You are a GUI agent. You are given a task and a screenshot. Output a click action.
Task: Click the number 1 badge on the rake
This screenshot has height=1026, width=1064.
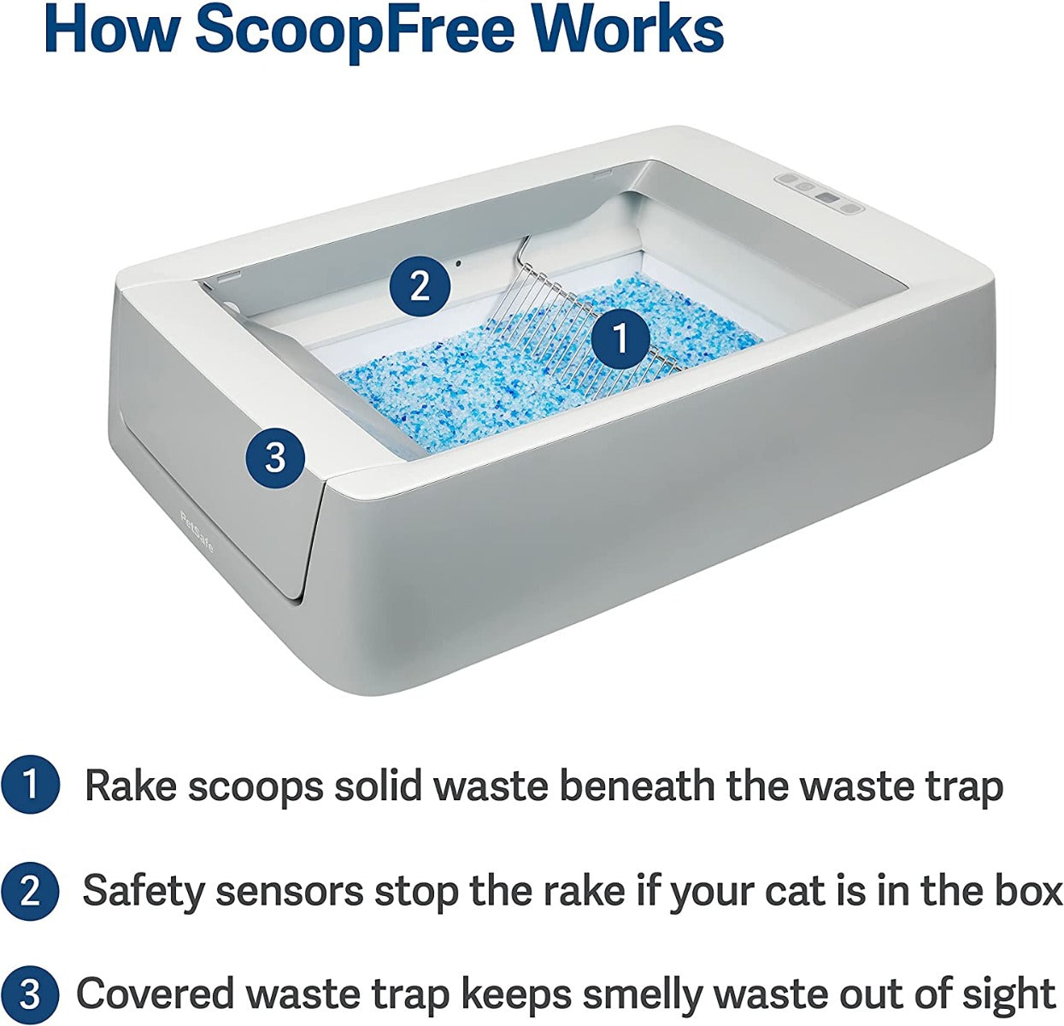pos(620,339)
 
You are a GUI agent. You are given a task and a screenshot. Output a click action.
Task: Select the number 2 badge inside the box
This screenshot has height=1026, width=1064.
pos(420,286)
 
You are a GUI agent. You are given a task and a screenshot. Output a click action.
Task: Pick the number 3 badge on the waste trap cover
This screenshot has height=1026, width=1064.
pos(274,458)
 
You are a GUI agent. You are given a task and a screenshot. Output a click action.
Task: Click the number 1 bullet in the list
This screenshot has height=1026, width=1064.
pos(30,786)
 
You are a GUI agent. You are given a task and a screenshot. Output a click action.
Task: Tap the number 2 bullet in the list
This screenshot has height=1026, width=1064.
pos(30,891)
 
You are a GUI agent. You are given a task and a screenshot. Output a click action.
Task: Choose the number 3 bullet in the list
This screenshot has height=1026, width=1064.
pos(30,994)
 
